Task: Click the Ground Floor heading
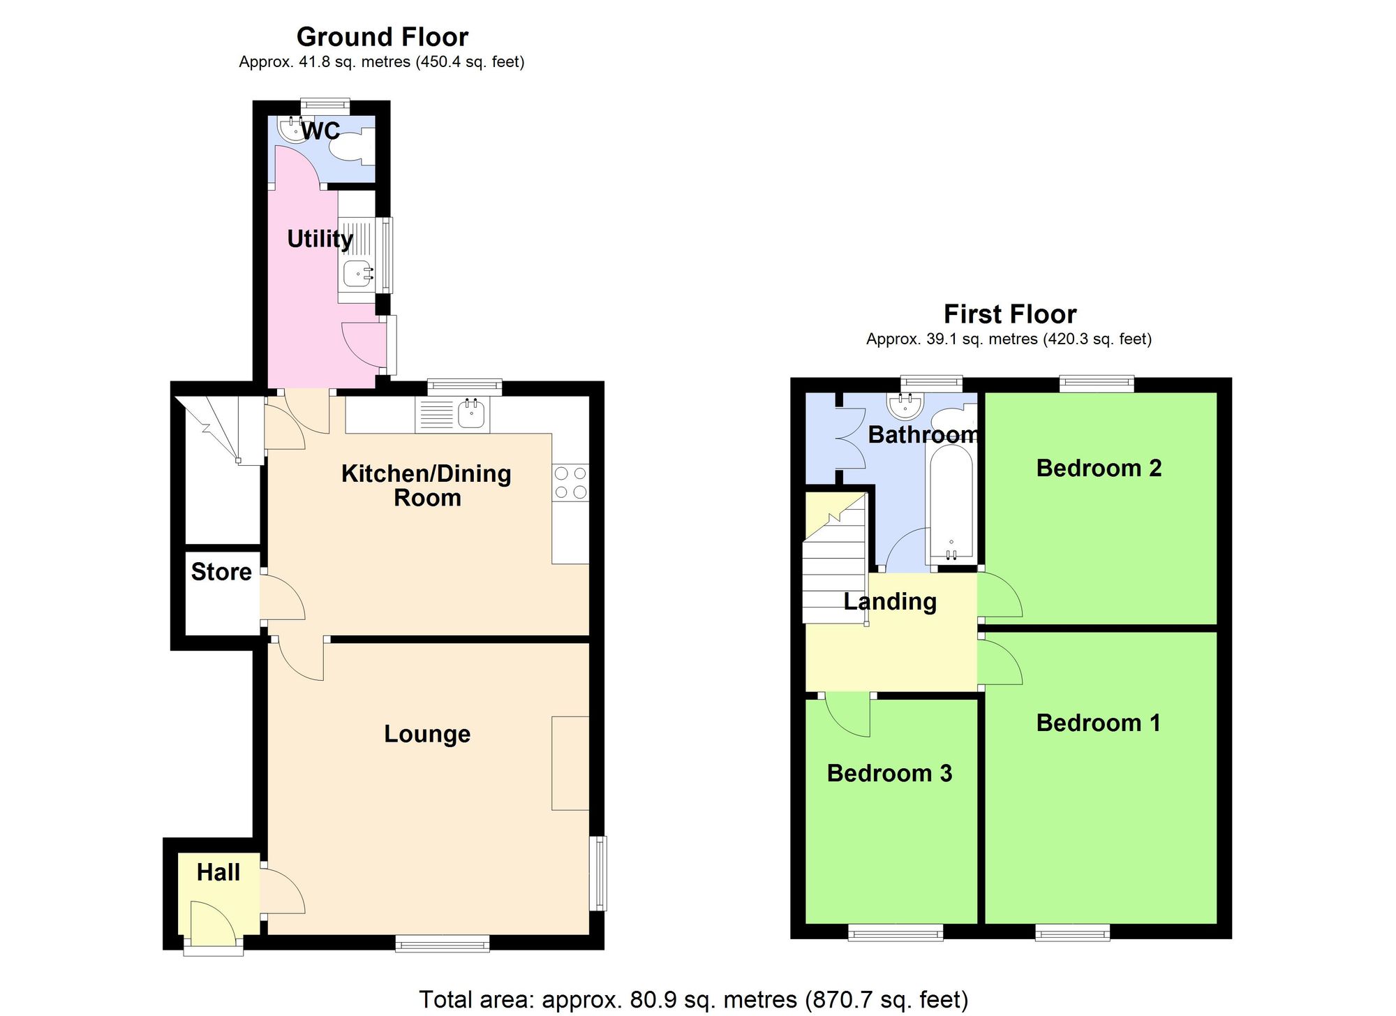(382, 36)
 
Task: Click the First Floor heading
(1009, 314)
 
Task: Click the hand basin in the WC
(289, 128)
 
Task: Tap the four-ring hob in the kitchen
(570, 483)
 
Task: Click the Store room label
(221, 572)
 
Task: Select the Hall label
(218, 872)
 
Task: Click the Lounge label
(427, 734)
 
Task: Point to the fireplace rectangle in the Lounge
(570, 763)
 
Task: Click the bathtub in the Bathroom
(951, 503)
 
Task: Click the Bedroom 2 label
(1099, 468)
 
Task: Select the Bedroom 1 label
(1099, 723)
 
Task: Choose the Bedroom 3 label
(889, 774)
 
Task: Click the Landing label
(890, 601)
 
